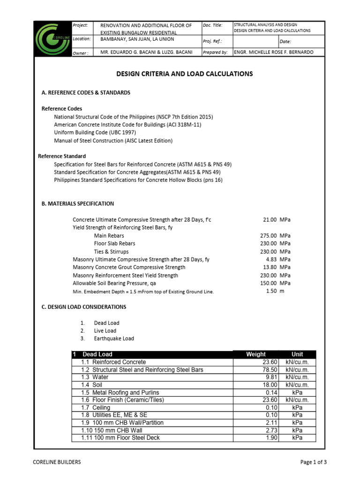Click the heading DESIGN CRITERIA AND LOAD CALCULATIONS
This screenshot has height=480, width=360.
tap(184, 74)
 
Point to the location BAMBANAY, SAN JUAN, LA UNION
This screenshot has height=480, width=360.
tap(137, 39)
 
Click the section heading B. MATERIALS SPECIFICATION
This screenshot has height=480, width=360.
tap(78, 204)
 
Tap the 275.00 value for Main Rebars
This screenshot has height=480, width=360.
tap(269, 236)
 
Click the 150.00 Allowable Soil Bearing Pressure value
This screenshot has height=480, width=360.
tap(269, 284)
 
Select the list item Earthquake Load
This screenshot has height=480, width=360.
tap(114, 338)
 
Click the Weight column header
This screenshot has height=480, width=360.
tap(255, 354)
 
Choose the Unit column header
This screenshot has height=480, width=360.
tap(297, 354)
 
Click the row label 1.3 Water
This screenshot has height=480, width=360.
tap(95, 377)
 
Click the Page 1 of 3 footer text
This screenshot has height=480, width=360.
tap(313, 462)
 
